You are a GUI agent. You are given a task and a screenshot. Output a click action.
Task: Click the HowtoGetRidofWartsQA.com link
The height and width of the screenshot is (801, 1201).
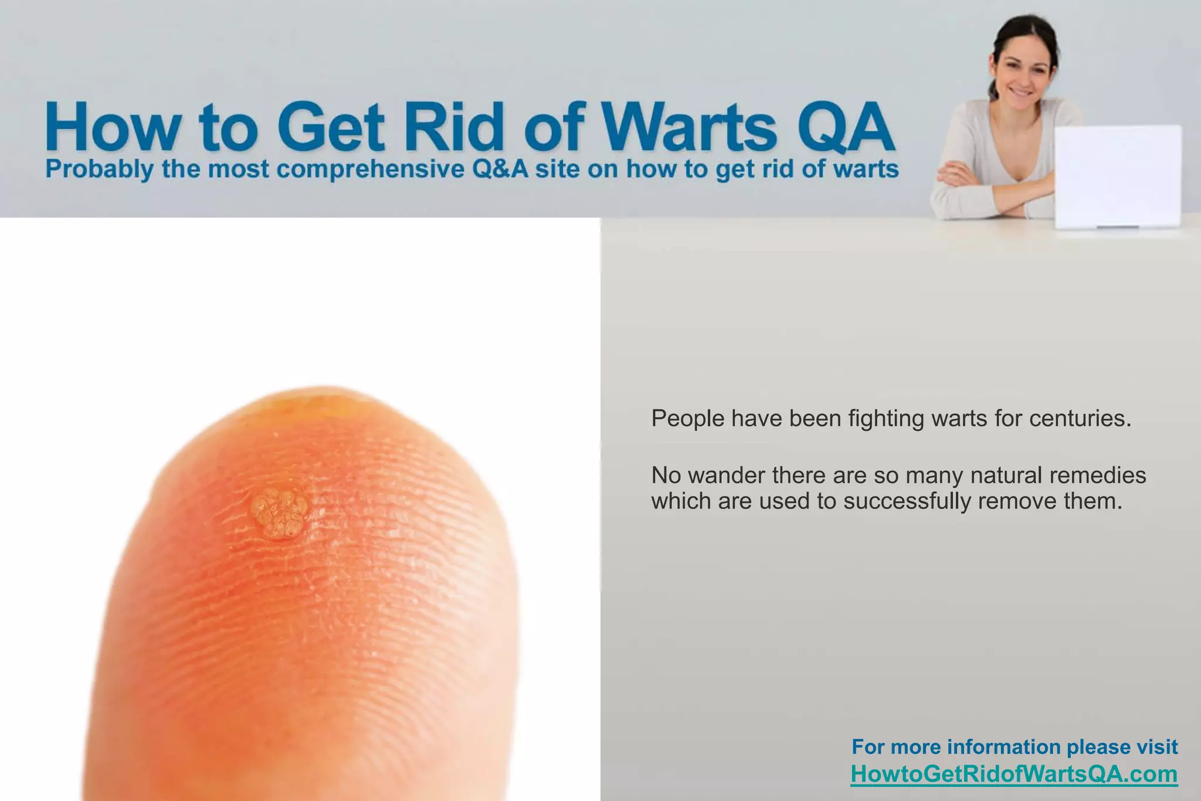(x=1014, y=774)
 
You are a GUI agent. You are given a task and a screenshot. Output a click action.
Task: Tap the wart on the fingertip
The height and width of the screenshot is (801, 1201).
(x=280, y=513)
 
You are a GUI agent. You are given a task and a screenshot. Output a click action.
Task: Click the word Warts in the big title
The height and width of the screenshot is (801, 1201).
(x=690, y=127)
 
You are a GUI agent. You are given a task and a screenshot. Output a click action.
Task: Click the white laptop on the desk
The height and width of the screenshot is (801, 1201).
(x=1118, y=176)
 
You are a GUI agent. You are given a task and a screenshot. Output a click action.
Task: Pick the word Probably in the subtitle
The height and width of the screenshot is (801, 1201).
(x=100, y=169)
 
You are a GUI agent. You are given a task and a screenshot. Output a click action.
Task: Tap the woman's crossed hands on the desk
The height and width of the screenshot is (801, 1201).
(x=962, y=176)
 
